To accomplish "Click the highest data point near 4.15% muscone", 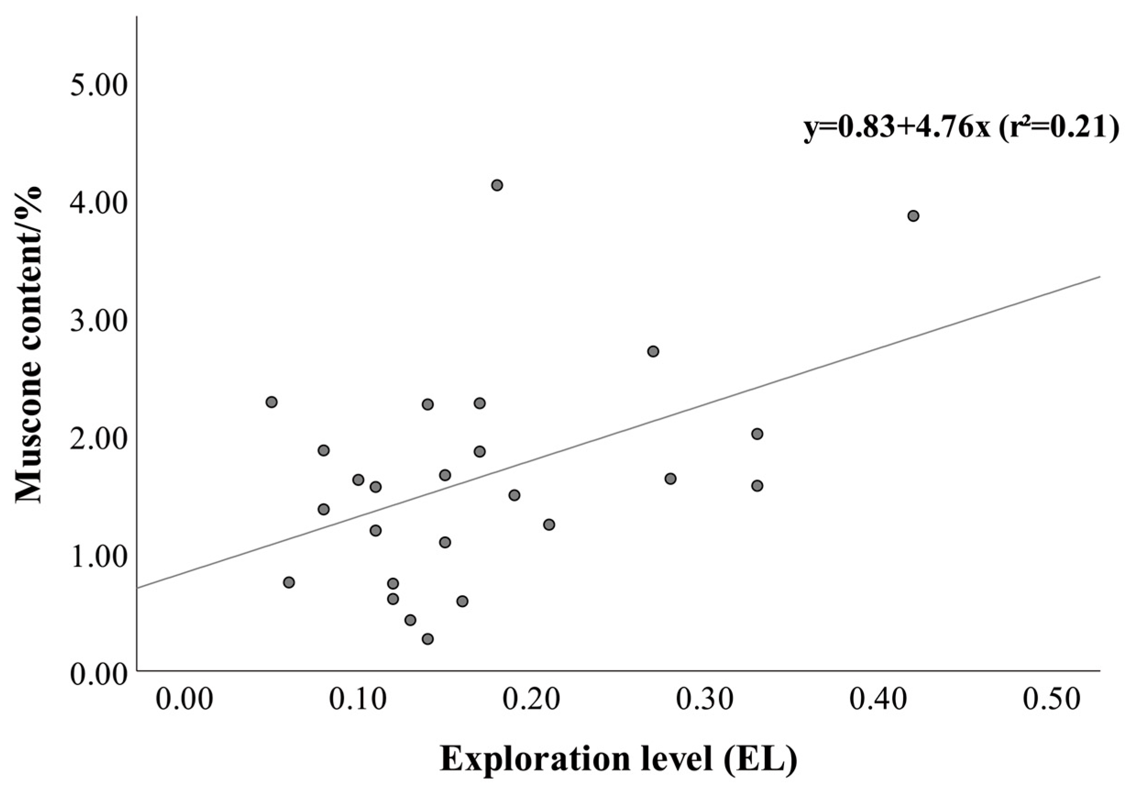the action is [497, 185].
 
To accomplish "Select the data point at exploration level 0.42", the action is [913, 216].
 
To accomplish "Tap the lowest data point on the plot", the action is [428, 639].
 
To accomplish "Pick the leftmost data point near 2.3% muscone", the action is [271, 402].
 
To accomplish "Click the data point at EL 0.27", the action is [653, 351].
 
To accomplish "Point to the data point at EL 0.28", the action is [670, 478].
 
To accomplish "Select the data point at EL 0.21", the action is [549, 524].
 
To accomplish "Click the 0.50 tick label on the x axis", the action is [1052, 700].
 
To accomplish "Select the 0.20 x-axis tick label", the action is [532, 700].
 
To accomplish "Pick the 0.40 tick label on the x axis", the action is [878, 700].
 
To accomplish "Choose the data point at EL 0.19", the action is [514, 495].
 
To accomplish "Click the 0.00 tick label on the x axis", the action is [185, 700].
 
